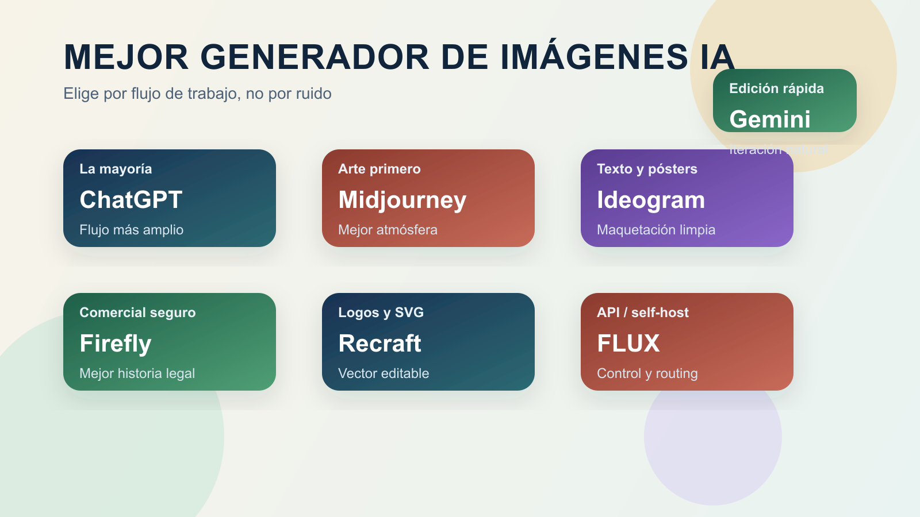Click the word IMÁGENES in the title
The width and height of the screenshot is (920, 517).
[594, 57]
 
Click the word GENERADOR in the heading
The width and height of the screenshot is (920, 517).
[315, 57]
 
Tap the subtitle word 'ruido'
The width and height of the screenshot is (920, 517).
[313, 94]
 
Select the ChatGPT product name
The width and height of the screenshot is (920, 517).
[131, 200]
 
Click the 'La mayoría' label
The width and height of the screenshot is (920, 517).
[116, 169]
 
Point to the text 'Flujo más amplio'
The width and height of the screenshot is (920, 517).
[131, 230]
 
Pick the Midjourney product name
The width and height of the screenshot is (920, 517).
[402, 200]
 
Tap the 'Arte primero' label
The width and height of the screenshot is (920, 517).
[379, 169]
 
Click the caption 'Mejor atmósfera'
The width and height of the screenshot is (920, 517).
[388, 230]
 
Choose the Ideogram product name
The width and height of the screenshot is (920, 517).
[650, 200]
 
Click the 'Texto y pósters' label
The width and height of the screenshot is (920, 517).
[647, 169]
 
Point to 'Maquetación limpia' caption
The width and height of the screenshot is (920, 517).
[656, 230]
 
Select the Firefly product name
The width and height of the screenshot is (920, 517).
[115, 344]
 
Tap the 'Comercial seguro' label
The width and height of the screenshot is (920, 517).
[137, 312]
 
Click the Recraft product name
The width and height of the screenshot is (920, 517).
[379, 344]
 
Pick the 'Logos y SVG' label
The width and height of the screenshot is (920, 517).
[381, 312]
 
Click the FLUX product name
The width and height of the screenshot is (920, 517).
[628, 344]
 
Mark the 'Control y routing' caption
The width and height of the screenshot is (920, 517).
[647, 373]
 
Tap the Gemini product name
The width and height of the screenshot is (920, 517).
[769, 119]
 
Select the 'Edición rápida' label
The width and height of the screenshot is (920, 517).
[776, 88]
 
